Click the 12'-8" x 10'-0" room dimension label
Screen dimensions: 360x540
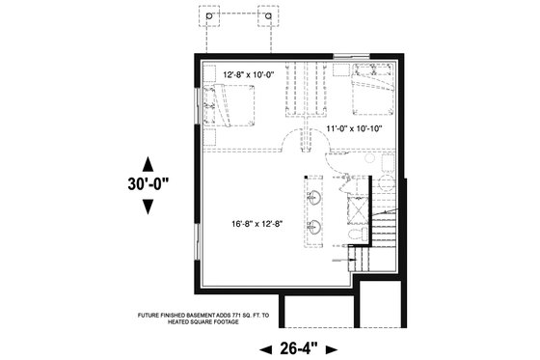click(x=248, y=74)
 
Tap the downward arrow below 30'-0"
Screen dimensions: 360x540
click(x=148, y=206)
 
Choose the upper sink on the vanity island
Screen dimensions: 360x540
click(x=314, y=199)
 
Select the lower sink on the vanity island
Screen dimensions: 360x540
click(x=314, y=228)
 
